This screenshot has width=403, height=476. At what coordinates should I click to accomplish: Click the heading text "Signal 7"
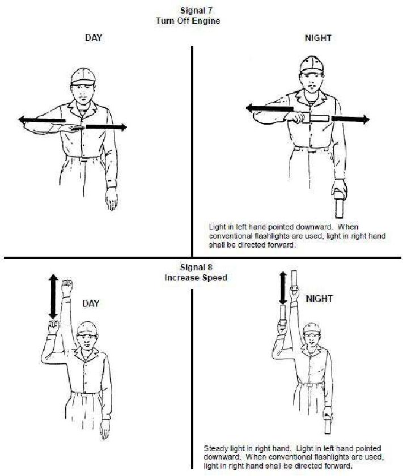[x=196, y=11]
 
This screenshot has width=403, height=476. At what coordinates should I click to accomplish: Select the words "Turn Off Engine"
[x=188, y=21]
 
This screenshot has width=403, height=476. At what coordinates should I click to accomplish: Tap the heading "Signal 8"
[x=196, y=267]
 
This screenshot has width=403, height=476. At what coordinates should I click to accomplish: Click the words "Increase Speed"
[x=196, y=278]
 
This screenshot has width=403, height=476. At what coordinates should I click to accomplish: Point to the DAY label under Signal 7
[x=94, y=38]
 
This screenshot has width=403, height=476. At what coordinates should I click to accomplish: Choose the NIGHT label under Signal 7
[x=319, y=38]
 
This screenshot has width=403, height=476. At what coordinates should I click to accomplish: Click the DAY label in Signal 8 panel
[x=91, y=303]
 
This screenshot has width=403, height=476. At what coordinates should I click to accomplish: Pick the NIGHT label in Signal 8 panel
[x=319, y=299]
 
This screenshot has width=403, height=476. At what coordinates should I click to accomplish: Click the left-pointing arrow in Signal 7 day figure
[x=42, y=120]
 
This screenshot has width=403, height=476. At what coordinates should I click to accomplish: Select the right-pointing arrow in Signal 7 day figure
[x=107, y=127]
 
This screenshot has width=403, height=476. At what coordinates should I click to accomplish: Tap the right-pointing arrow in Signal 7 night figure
[x=350, y=119]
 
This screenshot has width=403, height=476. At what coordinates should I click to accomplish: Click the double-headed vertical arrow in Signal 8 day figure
[x=53, y=296]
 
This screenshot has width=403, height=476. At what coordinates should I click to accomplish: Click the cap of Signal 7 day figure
[x=83, y=76]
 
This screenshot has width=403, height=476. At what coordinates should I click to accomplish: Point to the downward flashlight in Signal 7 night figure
[x=340, y=206]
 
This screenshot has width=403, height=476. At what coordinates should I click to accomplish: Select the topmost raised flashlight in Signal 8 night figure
[x=294, y=279]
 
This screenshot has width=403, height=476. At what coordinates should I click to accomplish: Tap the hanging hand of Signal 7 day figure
[x=112, y=198]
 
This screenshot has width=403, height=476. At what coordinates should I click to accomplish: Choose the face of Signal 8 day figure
[x=87, y=342]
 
